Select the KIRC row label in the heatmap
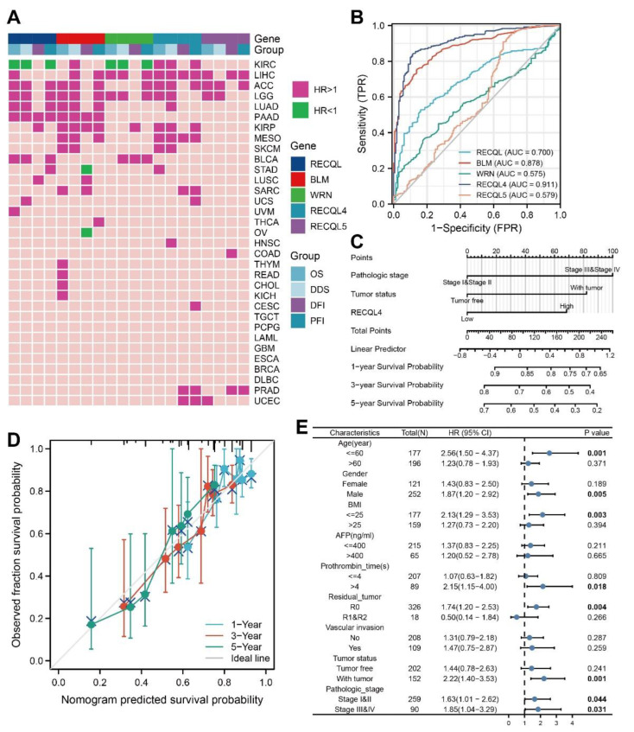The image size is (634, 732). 266,65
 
